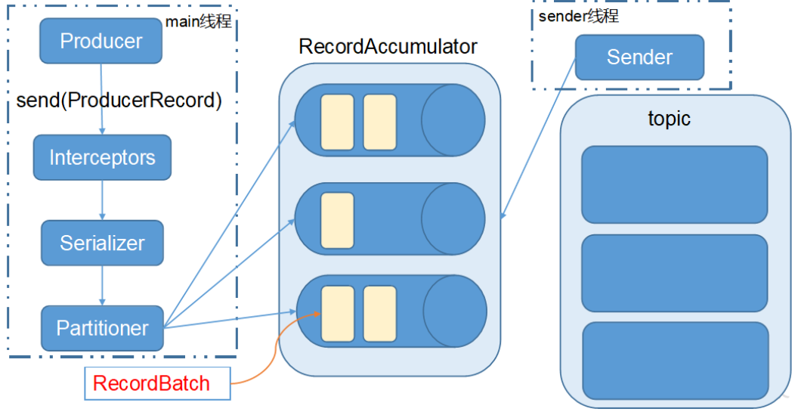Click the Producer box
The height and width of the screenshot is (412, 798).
coord(101,41)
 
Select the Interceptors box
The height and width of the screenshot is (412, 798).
coord(102,158)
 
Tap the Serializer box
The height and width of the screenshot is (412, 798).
coord(102,243)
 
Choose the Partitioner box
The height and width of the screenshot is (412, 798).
coord(102,328)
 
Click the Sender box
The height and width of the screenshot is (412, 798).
coord(639,57)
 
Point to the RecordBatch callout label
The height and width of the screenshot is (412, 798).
coord(151,383)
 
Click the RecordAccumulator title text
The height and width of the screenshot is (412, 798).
coord(388,47)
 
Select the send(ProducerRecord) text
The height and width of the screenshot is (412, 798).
coord(119,101)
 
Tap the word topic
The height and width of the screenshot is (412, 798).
coord(669,119)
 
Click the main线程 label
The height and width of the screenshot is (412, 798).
coord(198,22)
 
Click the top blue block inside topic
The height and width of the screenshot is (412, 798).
coord(674,184)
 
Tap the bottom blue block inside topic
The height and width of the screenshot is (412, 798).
coord(675,361)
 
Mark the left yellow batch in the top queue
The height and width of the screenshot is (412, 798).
coord(337,122)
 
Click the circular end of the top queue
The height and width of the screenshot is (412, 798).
coord(453,121)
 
